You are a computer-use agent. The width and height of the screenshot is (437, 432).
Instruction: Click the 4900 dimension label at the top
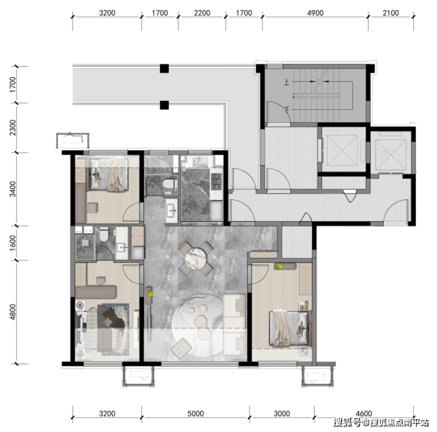(315, 13)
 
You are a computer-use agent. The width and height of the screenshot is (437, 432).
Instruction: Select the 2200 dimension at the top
(202, 13)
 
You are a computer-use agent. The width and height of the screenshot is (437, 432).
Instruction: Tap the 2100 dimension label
(391, 13)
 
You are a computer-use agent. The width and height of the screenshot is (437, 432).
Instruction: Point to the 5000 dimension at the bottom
(195, 414)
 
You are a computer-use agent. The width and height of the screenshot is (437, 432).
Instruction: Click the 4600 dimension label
(364, 414)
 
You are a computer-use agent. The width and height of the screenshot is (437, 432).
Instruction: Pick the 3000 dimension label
(282, 414)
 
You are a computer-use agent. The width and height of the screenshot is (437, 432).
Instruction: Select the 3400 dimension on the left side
(13, 189)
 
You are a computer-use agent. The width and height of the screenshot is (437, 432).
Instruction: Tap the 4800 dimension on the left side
(13, 312)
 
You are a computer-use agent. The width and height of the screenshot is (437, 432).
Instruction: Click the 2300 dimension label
(13, 128)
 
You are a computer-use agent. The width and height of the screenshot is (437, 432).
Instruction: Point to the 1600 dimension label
(13, 243)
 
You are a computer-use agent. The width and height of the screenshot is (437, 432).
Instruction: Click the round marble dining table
(195, 258)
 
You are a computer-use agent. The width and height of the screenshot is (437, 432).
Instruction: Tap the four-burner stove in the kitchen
(217, 182)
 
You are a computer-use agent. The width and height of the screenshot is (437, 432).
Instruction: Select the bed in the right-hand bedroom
(290, 328)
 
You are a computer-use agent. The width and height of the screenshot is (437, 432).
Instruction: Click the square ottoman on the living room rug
(181, 348)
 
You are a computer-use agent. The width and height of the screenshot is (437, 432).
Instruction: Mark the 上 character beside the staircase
(286, 82)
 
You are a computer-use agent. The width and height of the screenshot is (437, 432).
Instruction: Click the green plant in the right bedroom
(279, 267)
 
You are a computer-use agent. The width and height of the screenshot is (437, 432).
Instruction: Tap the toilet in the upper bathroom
(169, 184)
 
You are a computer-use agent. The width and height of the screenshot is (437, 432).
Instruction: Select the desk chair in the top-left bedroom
(92, 208)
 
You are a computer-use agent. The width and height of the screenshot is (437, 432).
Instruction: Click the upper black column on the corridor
(164, 68)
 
